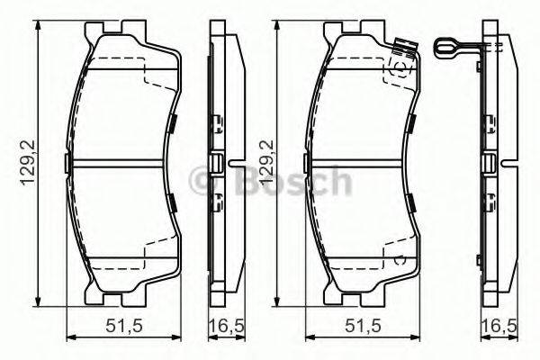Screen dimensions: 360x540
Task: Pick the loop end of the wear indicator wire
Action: (x=441, y=42)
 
